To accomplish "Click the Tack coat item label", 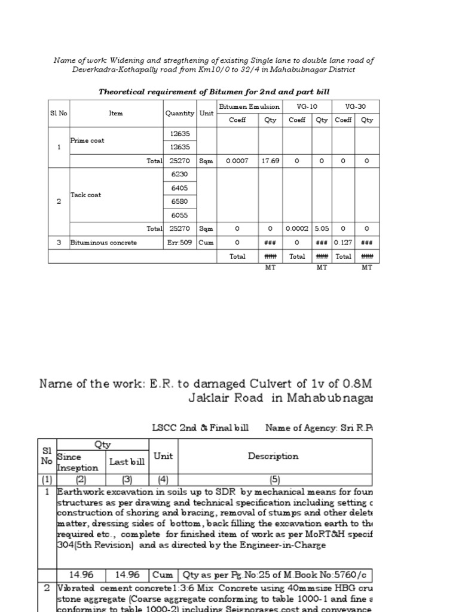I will click(x=86, y=195).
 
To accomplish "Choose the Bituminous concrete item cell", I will click(x=104, y=243).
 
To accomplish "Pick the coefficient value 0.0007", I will click(x=237, y=161).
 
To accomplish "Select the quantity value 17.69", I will click(x=270, y=161).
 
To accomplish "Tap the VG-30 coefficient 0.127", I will click(x=343, y=243).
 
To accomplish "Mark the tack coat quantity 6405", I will click(x=180, y=188).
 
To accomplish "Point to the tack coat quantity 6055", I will click(x=180, y=215).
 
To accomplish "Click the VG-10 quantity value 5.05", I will click(x=322, y=228).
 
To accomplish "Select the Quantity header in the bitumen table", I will click(x=180, y=113).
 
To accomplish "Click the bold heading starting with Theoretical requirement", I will click(x=213, y=91).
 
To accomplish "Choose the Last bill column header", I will click(x=127, y=462).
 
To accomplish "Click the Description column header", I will click(x=273, y=456).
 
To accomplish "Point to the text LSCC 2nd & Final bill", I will click(x=200, y=427).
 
